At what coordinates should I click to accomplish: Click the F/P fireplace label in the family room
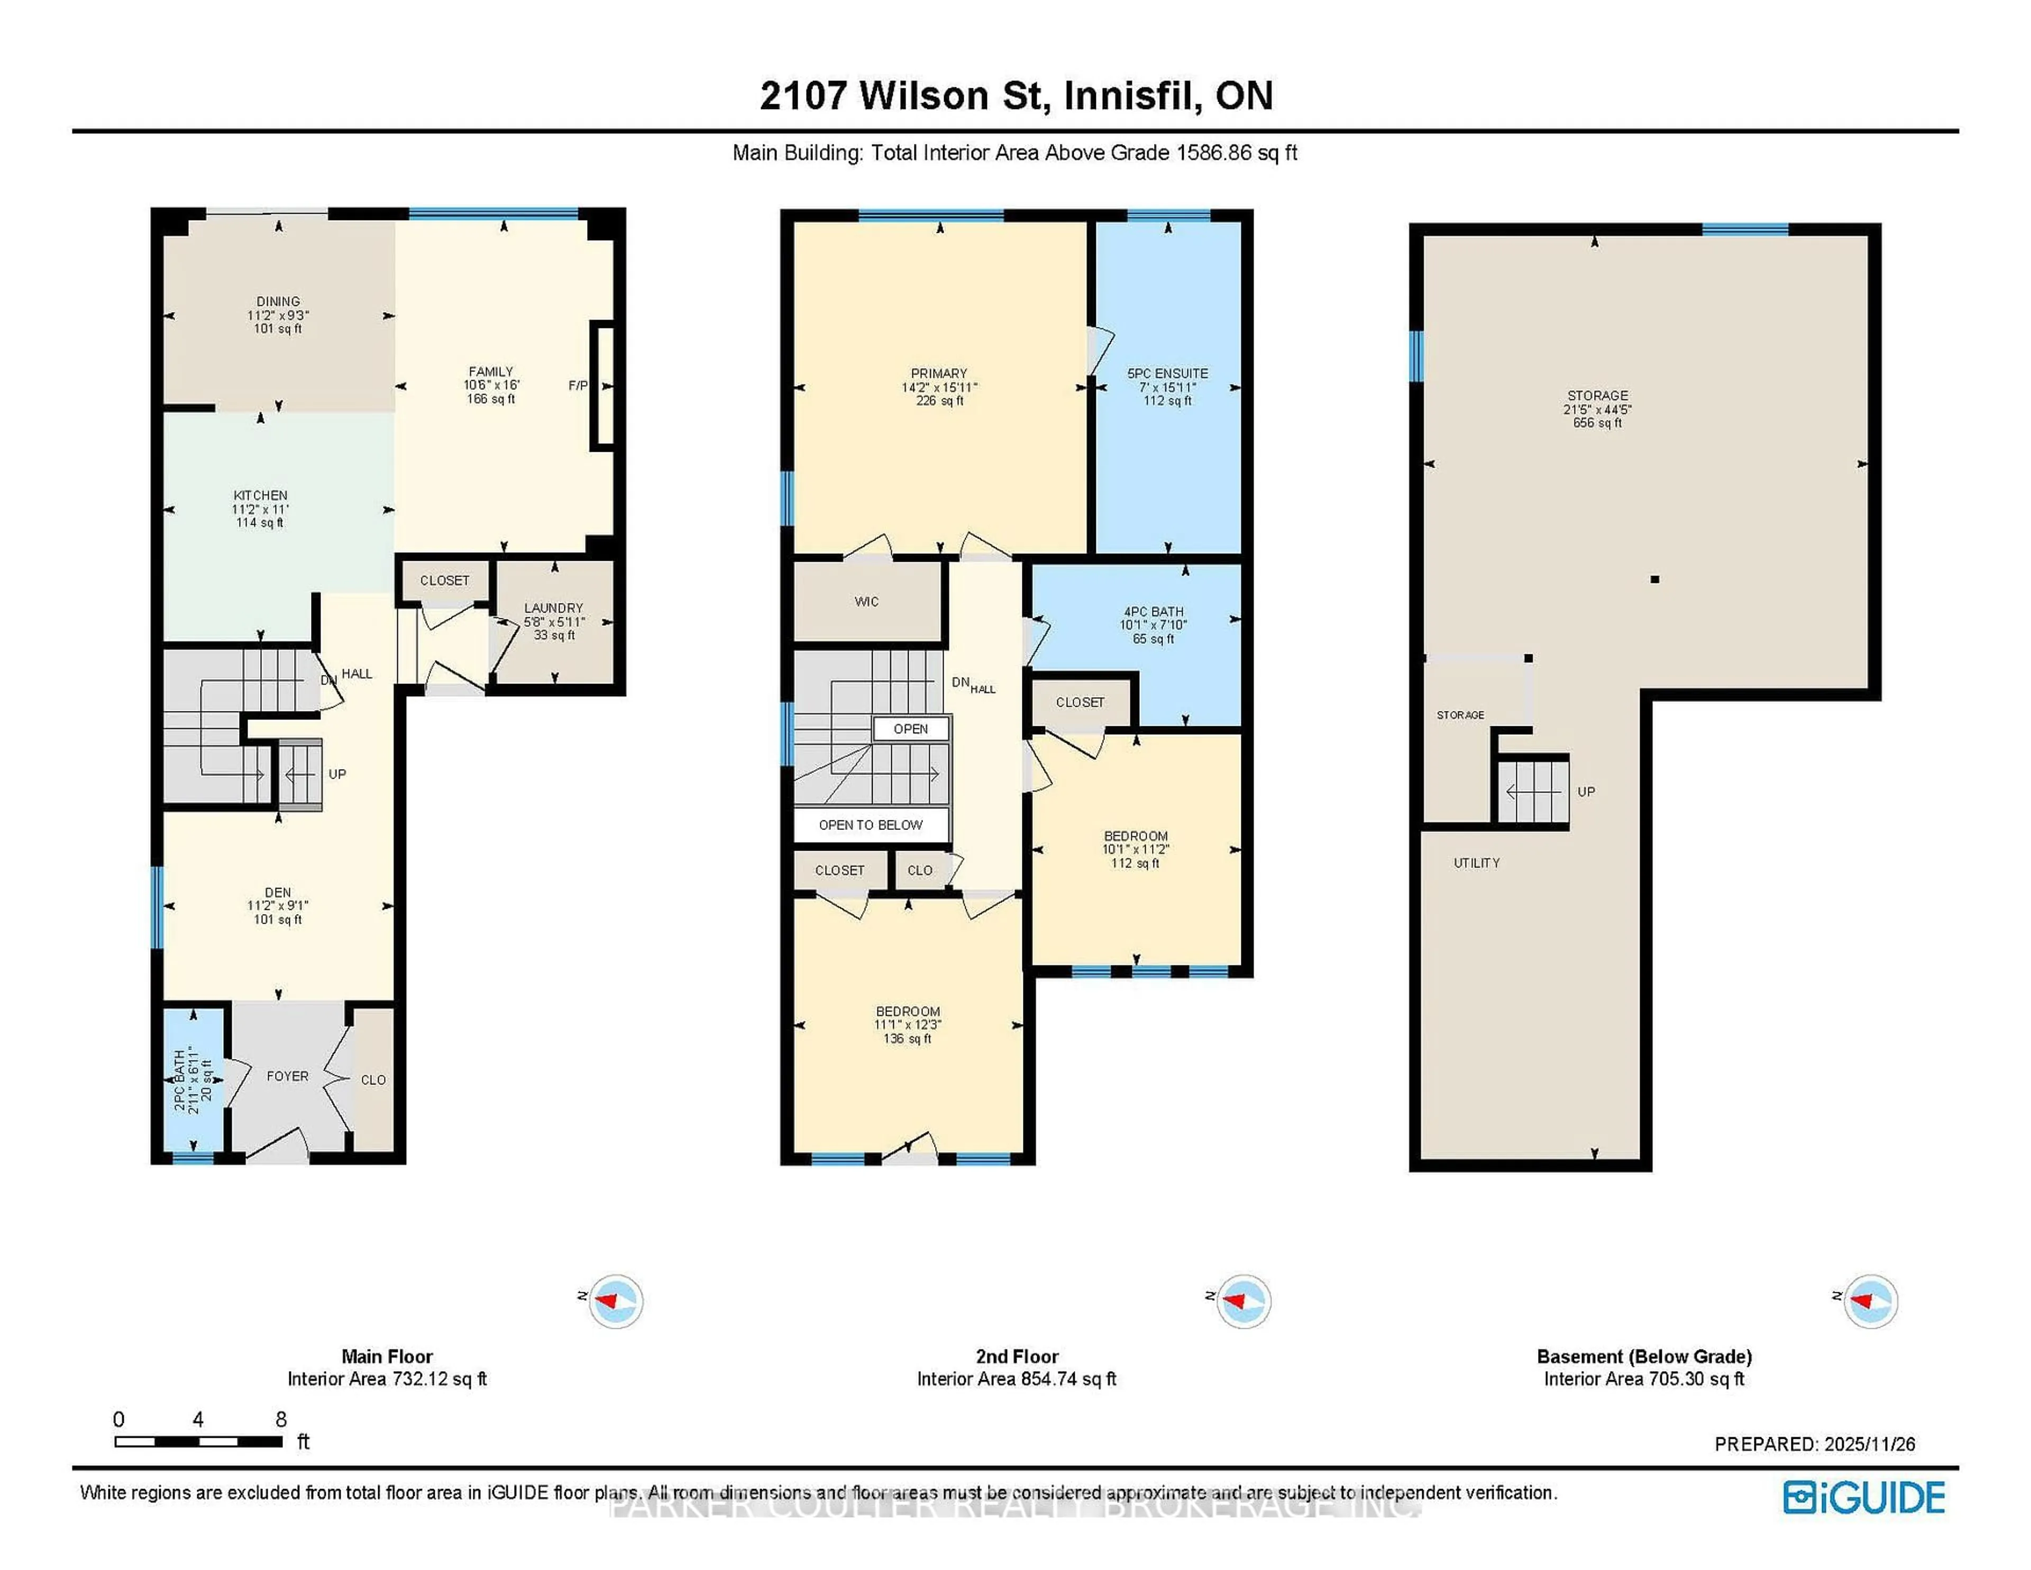[578, 385]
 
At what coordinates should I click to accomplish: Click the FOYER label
[287, 1076]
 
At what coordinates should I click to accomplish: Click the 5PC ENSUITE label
[1167, 373]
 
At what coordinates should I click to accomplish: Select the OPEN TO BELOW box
[871, 825]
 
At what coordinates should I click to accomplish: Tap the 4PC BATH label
[1153, 612]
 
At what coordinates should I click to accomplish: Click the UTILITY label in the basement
[1476, 863]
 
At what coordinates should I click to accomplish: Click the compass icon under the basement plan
[1870, 1300]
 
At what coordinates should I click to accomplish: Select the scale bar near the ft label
[198, 1441]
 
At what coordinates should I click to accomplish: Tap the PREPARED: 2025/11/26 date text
[1814, 1445]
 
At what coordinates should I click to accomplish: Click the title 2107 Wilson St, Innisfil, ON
[1015, 96]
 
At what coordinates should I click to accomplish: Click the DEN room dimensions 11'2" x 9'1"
[277, 906]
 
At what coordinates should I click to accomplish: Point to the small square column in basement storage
[1654, 579]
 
